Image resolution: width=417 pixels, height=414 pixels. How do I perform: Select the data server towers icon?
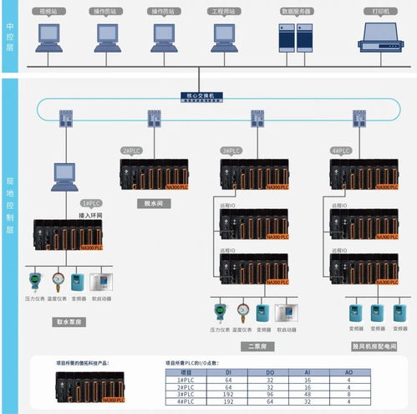(x=296, y=37)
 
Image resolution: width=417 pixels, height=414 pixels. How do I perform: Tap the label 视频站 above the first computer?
(x=49, y=12)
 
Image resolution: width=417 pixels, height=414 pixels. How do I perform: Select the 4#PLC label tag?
(x=341, y=151)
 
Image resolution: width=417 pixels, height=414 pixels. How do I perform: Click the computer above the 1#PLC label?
(x=65, y=175)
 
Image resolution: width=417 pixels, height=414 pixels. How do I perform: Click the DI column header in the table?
(x=229, y=372)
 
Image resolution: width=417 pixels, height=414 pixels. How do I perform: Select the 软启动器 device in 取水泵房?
(x=101, y=281)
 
